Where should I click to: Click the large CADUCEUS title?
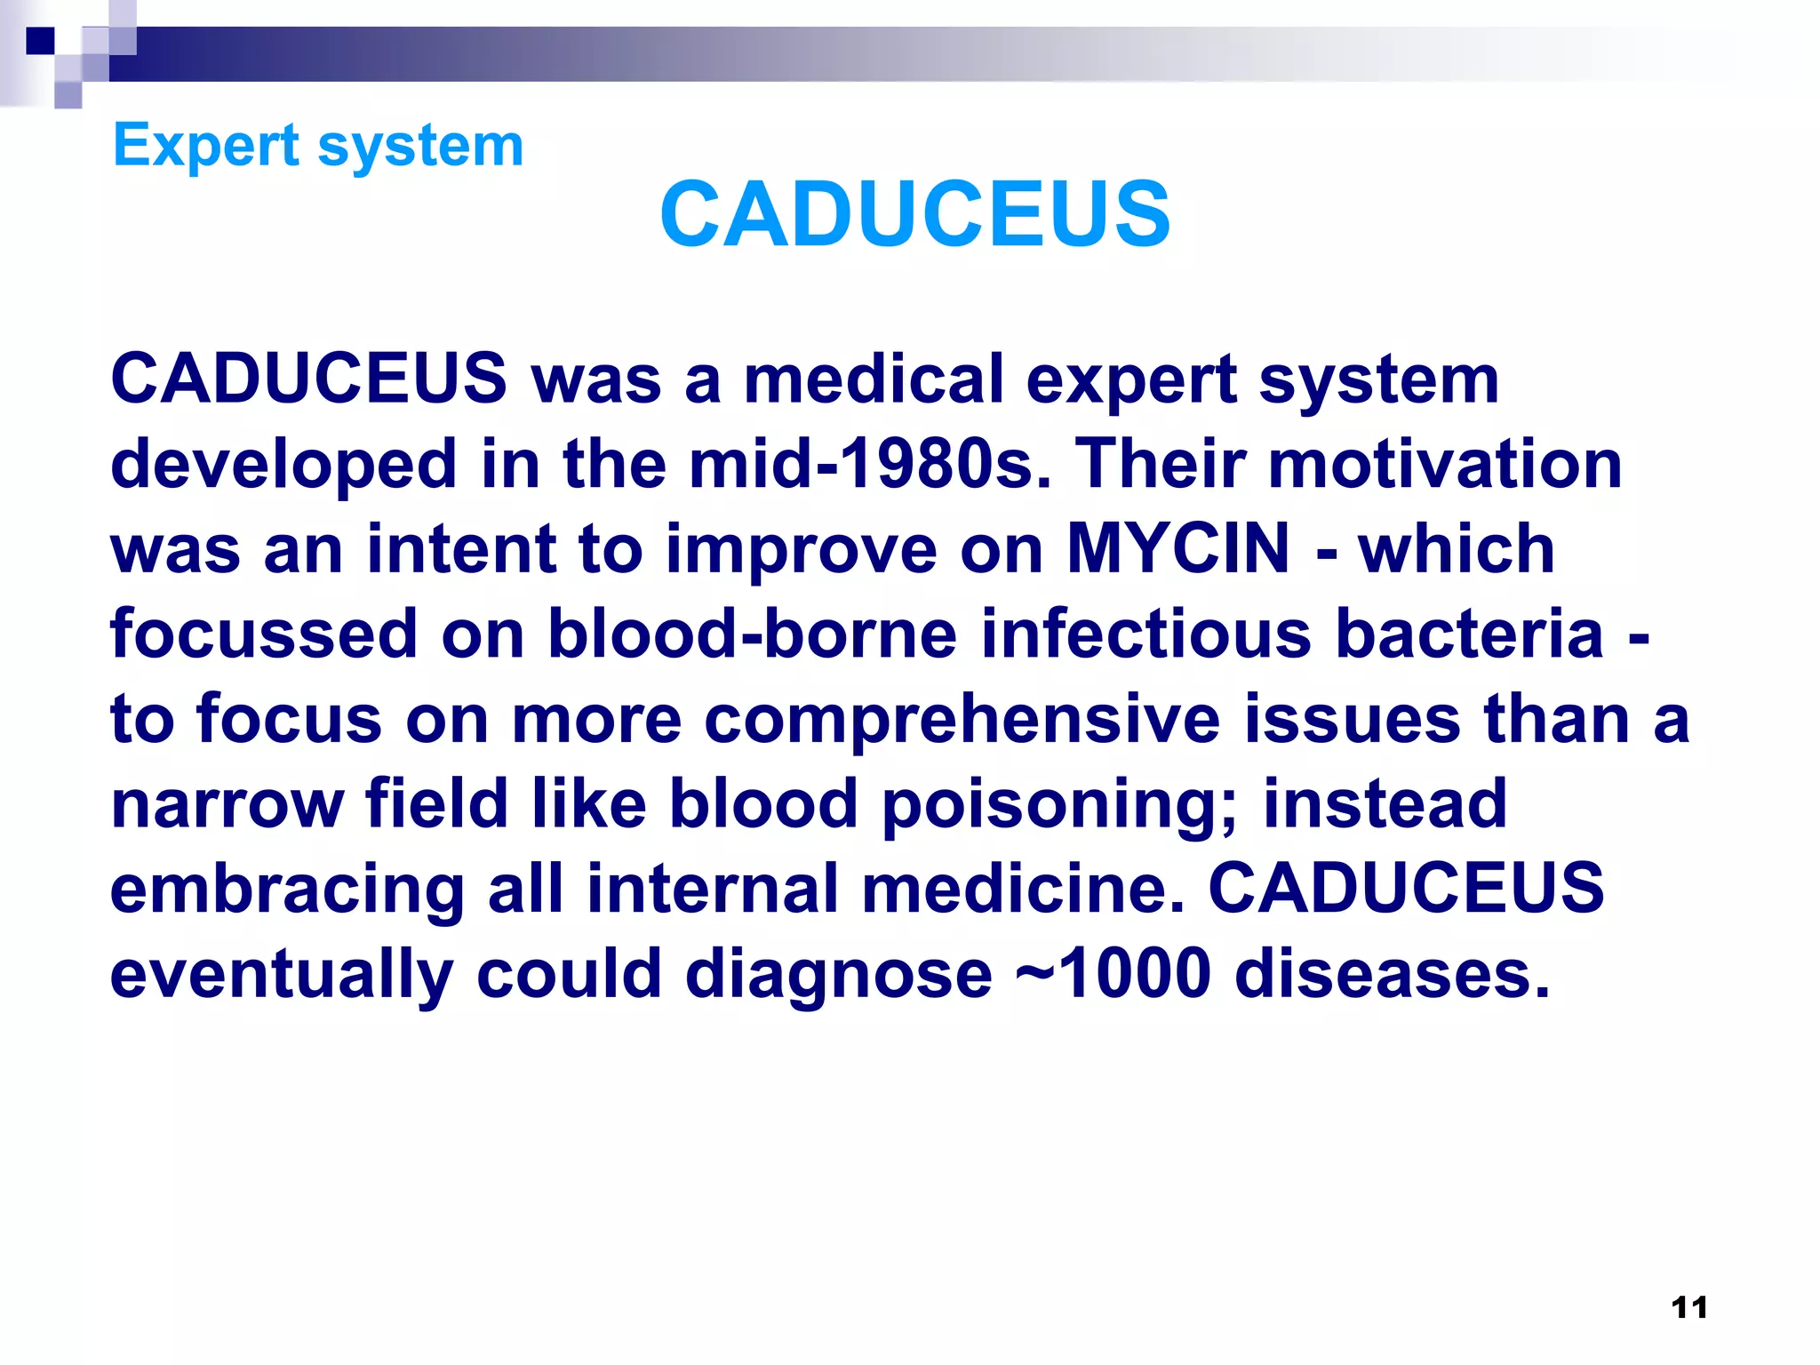[x=914, y=214]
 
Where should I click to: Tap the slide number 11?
[x=1688, y=1307]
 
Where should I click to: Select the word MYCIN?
[x=1177, y=548]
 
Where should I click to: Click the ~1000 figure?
[x=1113, y=973]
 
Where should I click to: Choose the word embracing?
[x=287, y=889]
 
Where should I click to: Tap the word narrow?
[x=227, y=804]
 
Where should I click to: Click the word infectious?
[x=1145, y=634]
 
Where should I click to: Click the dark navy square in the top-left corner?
[x=41, y=41]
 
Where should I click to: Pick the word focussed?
[x=264, y=634]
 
